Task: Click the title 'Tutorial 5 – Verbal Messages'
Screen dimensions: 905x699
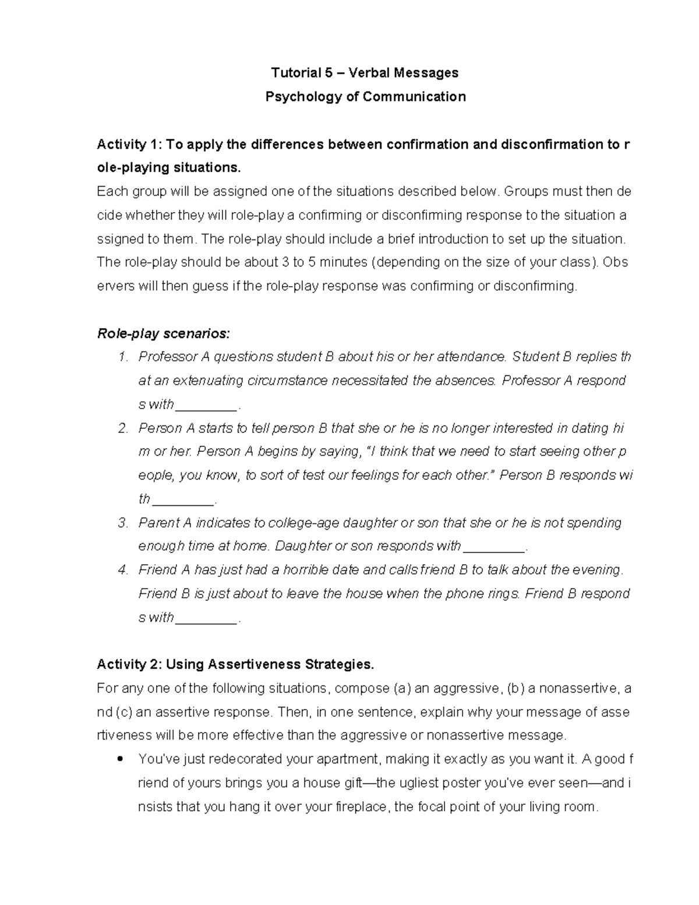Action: point(365,73)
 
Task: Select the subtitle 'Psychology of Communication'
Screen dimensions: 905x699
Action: point(365,97)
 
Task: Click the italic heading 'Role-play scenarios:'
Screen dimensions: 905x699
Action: point(163,334)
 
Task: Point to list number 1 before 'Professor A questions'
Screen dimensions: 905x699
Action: point(122,357)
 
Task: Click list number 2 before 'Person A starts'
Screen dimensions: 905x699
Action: point(122,428)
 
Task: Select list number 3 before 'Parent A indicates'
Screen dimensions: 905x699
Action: point(122,523)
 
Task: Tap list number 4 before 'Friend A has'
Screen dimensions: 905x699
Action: point(122,570)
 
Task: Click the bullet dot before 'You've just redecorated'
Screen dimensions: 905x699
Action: point(119,759)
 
